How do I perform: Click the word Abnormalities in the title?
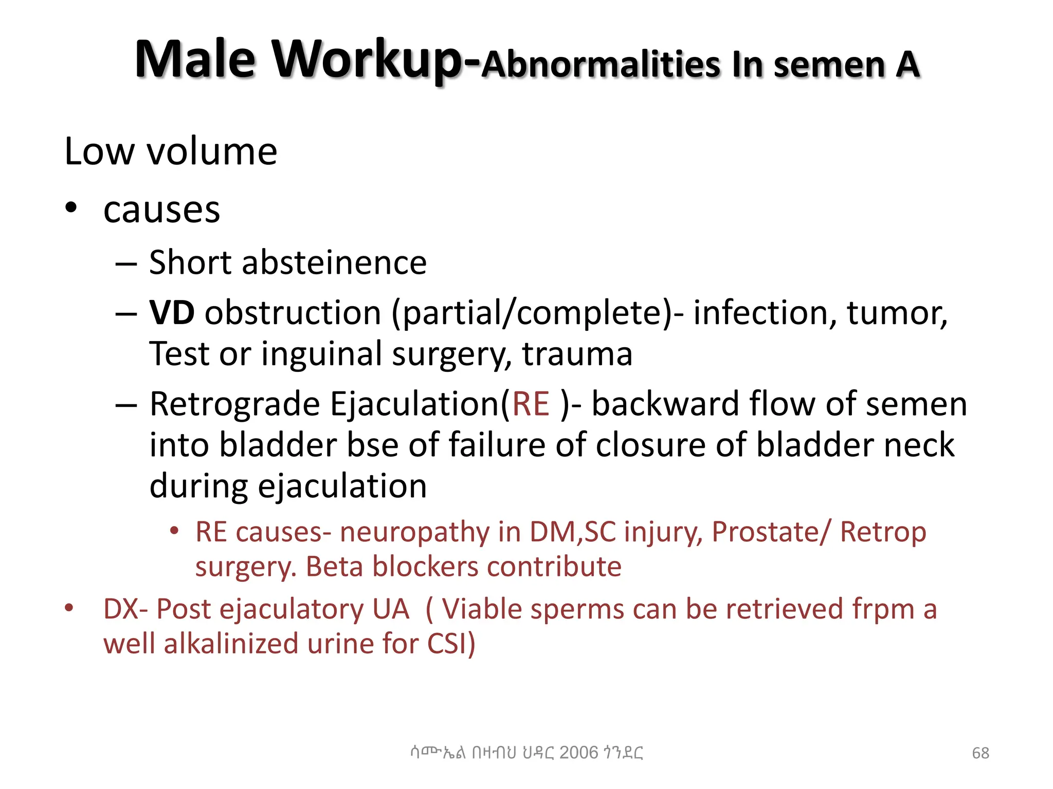point(602,65)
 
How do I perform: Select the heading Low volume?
point(171,152)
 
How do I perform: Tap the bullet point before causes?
point(71,208)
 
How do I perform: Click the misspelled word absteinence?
point(334,262)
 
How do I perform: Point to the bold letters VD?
point(172,312)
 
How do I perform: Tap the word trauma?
point(577,354)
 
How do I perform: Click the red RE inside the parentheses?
point(531,404)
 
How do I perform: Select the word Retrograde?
point(235,404)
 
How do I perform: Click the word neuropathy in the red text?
point(414,532)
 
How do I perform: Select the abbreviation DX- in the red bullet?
point(126,609)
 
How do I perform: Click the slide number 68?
point(980,753)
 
